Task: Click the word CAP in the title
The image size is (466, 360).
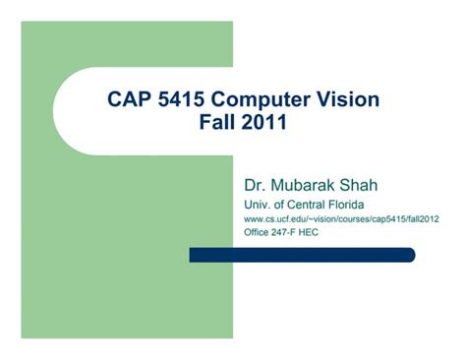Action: tap(130, 100)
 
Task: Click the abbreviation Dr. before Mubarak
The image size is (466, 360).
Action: tap(254, 185)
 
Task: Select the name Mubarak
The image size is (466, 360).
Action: tap(303, 185)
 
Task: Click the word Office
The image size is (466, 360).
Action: tap(258, 233)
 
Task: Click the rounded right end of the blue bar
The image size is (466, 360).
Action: tap(409, 255)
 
